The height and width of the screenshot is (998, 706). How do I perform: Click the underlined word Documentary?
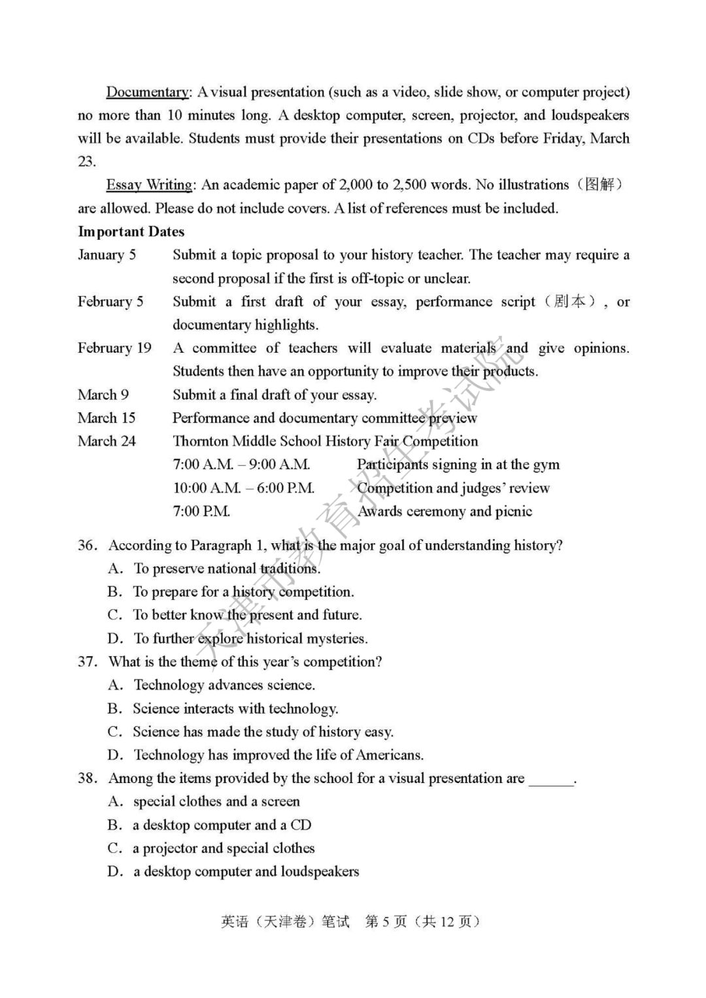(x=148, y=92)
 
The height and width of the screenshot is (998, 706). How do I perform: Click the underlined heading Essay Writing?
(x=150, y=185)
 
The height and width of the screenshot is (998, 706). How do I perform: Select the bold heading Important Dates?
(x=131, y=232)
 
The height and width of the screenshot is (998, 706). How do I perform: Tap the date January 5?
(x=107, y=255)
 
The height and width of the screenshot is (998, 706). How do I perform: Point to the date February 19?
(x=114, y=348)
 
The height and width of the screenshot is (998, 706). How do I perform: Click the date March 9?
(x=103, y=395)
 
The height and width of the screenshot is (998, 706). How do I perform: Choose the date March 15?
(x=107, y=418)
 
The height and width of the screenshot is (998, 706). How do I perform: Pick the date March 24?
(x=107, y=441)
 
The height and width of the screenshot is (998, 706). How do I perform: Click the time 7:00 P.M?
(x=201, y=511)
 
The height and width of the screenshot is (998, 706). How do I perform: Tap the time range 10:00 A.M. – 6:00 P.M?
(x=244, y=488)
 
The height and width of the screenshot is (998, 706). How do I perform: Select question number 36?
(x=88, y=546)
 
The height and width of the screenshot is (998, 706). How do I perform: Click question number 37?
(x=88, y=662)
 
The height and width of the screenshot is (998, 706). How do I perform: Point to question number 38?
(x=88, y=778)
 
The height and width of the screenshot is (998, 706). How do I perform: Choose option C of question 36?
(x=115, y=615)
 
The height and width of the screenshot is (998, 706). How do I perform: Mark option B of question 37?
(x=115, y=708)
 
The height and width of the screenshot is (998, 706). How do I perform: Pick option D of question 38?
(x=115, y=871)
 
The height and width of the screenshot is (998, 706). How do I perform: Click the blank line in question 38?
(x=551, y=780)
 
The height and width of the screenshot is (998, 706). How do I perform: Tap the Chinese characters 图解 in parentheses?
(x=599, y=185)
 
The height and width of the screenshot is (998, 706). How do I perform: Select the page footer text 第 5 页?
(x=386, y=922)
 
